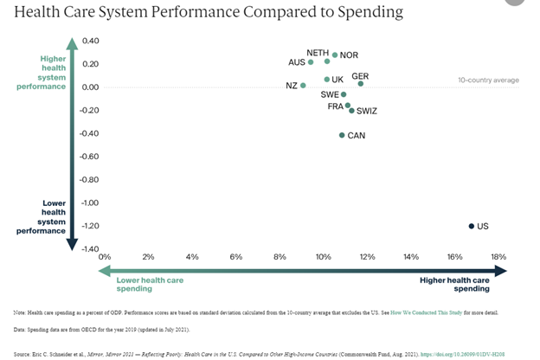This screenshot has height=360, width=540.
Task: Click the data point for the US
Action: click(472, 226)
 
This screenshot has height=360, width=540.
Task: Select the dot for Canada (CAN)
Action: click(342, 135)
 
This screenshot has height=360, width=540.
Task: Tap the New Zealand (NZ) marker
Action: click(303, 86)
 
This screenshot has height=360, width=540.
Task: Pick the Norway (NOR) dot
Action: click(335, 55)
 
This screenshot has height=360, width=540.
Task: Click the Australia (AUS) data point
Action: click(311, 62)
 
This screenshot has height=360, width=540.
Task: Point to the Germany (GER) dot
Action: click(361, 84)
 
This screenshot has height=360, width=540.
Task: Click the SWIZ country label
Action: click(367, 111)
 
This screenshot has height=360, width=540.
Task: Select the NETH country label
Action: click(318, 53)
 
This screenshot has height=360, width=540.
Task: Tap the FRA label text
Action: click(335, 106)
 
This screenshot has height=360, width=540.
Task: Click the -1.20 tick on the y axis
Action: click(89, 226)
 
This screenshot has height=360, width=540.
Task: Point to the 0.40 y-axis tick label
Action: click(90, 41)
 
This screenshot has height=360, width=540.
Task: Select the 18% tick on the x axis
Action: click(498, 257)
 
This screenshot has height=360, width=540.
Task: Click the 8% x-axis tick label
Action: click(280, 257)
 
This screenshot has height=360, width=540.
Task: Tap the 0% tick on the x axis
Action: click(105, 257)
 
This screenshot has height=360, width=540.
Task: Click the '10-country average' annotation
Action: click(488, 80)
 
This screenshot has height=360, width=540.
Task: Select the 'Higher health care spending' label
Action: click(455, 285)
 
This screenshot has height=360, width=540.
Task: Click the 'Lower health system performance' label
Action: click(42, 217)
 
